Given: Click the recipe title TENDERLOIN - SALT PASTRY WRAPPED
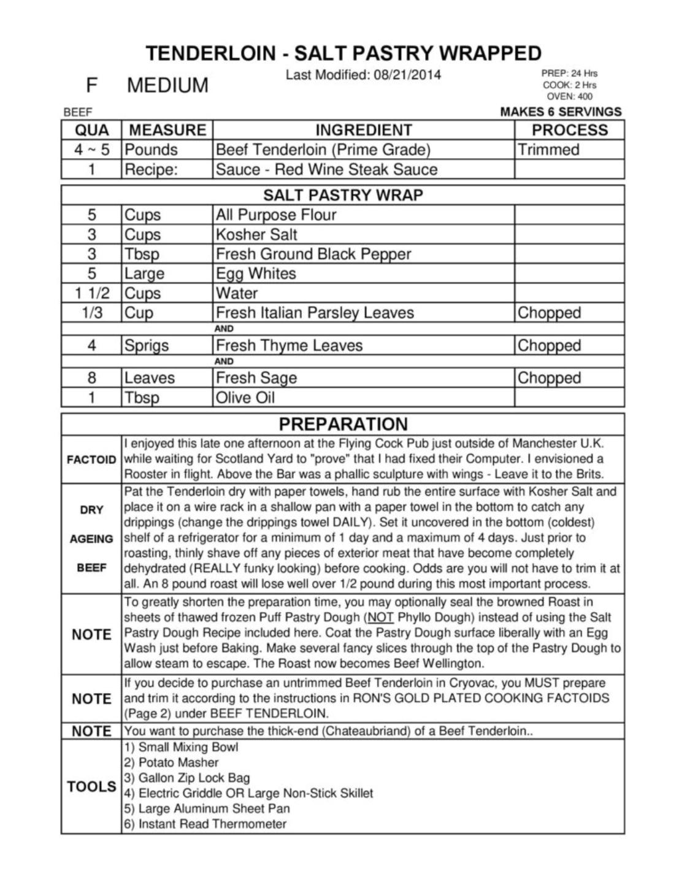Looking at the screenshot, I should point(343,53).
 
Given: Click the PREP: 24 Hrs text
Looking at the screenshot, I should point(569,73).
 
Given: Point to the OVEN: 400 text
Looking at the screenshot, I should point(569,96).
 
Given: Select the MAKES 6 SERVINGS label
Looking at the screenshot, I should point(561,112).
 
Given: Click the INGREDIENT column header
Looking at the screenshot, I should point(363,130).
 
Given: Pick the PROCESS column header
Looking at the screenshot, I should point(569,130).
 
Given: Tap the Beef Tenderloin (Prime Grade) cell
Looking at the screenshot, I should point(323,150).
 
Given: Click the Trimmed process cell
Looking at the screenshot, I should point(548,150).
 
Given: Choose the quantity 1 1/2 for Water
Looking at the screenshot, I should point(91,293).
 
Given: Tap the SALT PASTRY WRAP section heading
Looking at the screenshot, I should point(343,195).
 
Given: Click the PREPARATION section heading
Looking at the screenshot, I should point(343,424).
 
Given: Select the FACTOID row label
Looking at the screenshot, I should point(91,459).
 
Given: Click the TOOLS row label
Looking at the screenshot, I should point(91,786).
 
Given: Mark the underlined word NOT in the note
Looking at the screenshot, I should point(379,617).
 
